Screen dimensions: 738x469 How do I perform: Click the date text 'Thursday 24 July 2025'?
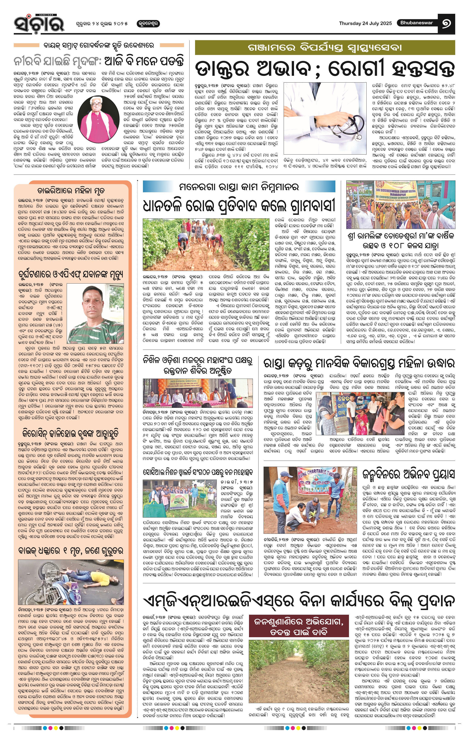pyautogui.click(x=365, y=23)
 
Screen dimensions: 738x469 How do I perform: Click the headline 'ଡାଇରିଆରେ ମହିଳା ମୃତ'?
pyautogui.click(x=71, y=191)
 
